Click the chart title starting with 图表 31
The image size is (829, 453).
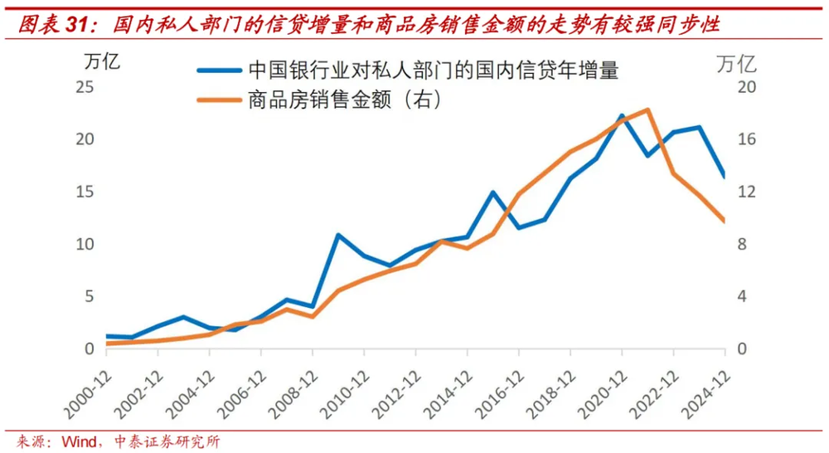pyautogui.click(x=369, y=23)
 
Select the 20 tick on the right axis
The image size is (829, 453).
pyautogui.click(x=749, y=87)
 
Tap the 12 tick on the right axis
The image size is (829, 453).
pyautogui.click(x=749, y=192)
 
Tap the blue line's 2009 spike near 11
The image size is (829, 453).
pyautogui.click(x=338, y=235)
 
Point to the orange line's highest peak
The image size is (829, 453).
pyautogui.click(x=648, y=110)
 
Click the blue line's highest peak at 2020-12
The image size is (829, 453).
pyautogui.click(x=622, y=115)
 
